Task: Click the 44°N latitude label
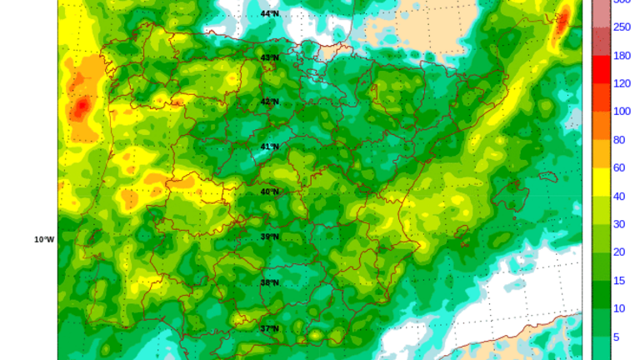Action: pos(270,13)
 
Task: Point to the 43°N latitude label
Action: pos(270,57)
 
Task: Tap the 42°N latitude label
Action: pos(270,102)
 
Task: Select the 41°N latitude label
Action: pos(270,147)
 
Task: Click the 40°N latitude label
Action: pos(270,192)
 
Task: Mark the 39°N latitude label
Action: pos(270,237)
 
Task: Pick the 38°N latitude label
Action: pos(270,282)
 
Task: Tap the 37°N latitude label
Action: pos(270,328)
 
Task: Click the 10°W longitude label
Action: pos(44,239)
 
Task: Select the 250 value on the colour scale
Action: pos(621,27)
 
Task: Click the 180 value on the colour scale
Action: pos(621,55)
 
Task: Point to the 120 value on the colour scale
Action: pos(621,83)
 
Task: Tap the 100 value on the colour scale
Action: pos(621,111)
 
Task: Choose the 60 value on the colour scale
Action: pos(619,167)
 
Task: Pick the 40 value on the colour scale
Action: pos(619,196)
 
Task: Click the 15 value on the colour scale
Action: pos(619,280)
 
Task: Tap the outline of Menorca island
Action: pos(546,177)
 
